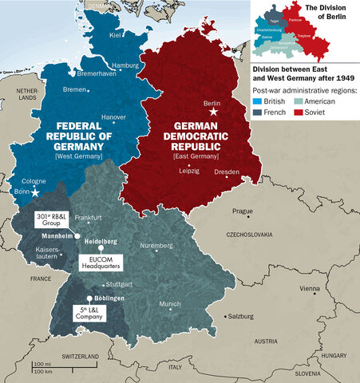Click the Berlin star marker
point(212,113)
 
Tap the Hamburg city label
point(125,65)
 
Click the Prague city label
point(242,211)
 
